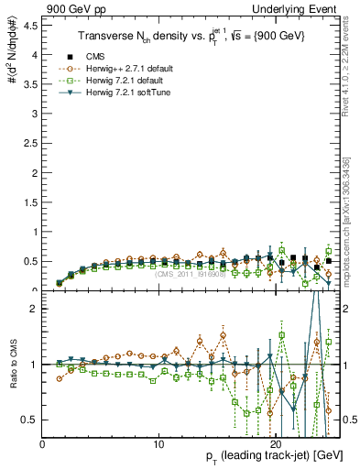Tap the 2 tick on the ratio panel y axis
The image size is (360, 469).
click(37, 309)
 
